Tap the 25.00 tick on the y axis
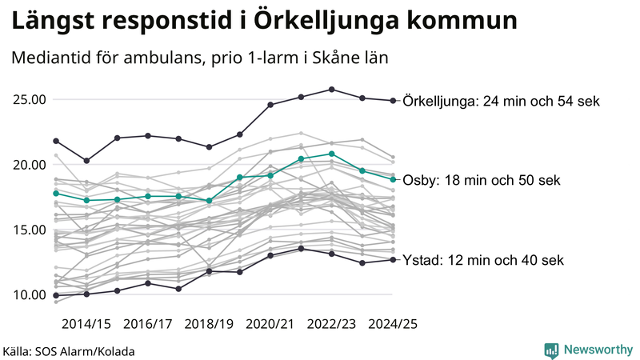coord(30,100)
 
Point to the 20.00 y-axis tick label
coord(30,165)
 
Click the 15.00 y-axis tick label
coord(30,230)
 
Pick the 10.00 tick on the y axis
coord(30,294)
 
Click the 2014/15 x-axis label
coord(86,324)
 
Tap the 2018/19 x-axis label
coord(209,324)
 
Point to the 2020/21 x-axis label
coord(270,324)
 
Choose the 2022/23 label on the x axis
coord(331,324)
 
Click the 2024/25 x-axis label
coord(393,324)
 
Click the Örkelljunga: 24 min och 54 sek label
coord(502,102)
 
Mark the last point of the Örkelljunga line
coord(393,101)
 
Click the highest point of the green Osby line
coord(331,154)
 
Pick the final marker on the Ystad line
coord(393,260)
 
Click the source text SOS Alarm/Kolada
coord(68,351)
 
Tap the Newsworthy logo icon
coord(551,350)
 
